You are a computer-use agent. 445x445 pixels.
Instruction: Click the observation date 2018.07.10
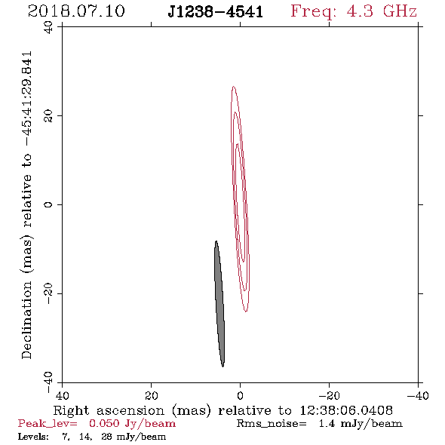(x=76, y=11)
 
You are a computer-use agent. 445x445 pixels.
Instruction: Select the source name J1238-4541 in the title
(x=216, y=12)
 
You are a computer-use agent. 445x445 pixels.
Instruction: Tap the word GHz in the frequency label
(x=400, y=11)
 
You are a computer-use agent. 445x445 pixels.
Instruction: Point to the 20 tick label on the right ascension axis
(x=151, y=395)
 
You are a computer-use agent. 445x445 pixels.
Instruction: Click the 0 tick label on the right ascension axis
(x=240, y=395)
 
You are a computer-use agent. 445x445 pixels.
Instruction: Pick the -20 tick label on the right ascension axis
(x=329, y=395)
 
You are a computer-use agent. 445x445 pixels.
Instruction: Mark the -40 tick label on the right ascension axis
(x=418, y=395)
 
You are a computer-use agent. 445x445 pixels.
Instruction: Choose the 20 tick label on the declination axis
(x=48, y=116)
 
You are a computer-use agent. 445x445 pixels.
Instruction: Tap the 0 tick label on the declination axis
(x=48, y=204)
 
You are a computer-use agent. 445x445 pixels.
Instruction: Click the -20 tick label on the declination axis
(x=48, y=293)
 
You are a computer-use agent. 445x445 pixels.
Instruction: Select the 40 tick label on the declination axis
(x=48, y=27)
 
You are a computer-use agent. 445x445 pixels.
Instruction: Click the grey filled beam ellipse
(x=219, y=304)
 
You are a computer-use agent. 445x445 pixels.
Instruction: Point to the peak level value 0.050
(x=104, y=423)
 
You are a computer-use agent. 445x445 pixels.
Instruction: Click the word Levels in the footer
(x=33, y=436)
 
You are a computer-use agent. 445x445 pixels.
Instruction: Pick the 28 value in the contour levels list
(x=106, y=436)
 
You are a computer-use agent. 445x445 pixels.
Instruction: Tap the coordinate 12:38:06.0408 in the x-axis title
(x=346, y=410)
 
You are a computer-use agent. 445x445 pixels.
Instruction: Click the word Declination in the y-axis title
(x=26, y=321)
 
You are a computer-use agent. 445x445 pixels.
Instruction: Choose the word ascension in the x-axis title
(x=130, y=411)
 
